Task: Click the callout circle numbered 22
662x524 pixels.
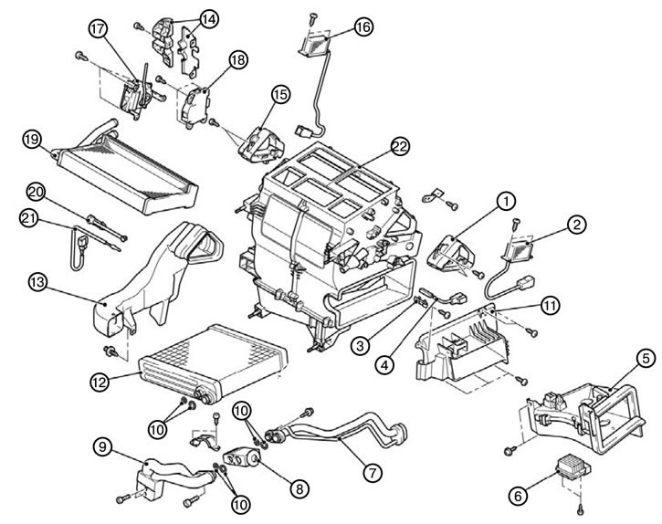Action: pos(400,146)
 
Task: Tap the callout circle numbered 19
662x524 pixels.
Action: pos(32,140)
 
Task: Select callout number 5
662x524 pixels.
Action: pos(646,360)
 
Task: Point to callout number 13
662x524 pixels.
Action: pos(37,282)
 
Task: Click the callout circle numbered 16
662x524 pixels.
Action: pos(363,26)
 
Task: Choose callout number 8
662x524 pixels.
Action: pos(299,489)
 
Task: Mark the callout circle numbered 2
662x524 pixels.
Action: pos(577,225)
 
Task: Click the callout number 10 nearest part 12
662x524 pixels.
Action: pos(157,429)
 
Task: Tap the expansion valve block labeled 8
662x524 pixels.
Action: pos(242,457)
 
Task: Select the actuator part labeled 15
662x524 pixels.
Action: pos(261,143)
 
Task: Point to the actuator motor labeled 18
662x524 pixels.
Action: pos(194,106)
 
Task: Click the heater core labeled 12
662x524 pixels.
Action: pos(213,363)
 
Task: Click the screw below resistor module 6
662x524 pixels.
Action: pos(581,509)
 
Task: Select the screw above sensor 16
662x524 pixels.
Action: pos(312,17)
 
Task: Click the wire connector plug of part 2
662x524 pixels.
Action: pos(524,282)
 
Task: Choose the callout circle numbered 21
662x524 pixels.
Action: pos(29,218)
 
